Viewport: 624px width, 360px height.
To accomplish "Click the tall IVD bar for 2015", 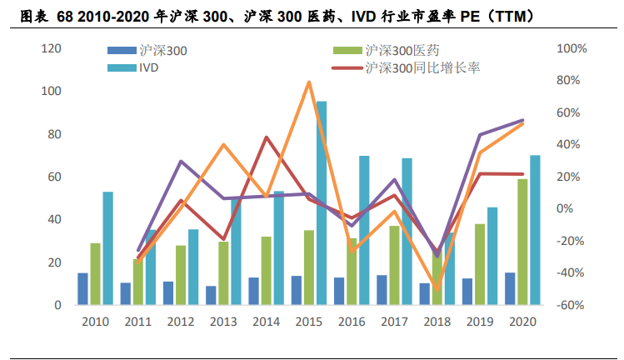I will [x=321, y=203].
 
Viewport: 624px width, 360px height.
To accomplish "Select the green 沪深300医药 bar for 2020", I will [x=522, y=242].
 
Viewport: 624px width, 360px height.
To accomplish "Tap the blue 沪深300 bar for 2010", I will [x=82, y=288].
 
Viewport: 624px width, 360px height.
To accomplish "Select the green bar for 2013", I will [x=223, y=273].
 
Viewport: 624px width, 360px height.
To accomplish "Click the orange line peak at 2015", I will [x=309, y=82].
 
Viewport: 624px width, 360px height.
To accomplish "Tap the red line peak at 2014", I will [x=266, y=137].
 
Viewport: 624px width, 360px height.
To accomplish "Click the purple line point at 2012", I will [x=181, y=161].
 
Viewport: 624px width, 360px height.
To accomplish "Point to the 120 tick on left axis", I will [x=52, y=49].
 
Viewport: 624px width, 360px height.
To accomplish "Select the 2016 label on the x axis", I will [x=351, y=322].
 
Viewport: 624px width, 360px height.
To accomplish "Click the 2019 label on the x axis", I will [x=479, y=322].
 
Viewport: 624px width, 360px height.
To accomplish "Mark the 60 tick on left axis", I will [x=54, y=177].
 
